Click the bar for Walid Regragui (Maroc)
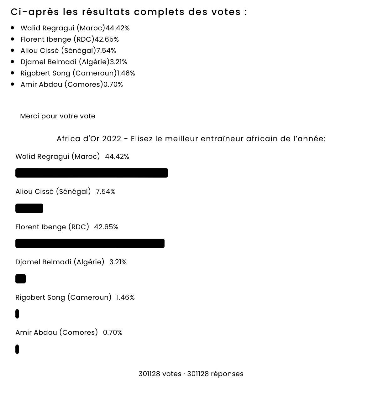92,173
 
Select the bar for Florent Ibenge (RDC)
90,243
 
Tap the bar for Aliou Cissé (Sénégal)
29,208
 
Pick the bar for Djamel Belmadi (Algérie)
20,279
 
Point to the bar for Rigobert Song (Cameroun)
17,314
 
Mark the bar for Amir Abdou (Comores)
17,349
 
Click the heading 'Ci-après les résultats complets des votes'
129,12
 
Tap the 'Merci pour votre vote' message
58,116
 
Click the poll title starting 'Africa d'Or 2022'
191,139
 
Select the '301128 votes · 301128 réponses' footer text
191,374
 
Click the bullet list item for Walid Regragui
75,28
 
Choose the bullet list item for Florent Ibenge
70,39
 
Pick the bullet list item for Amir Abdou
71,85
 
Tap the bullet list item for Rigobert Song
78,73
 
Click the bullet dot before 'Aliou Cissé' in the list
13,50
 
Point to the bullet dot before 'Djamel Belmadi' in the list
13,62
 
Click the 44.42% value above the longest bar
117,157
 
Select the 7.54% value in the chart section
106,192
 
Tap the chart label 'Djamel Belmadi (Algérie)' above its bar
60,262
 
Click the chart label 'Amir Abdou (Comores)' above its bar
56,333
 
